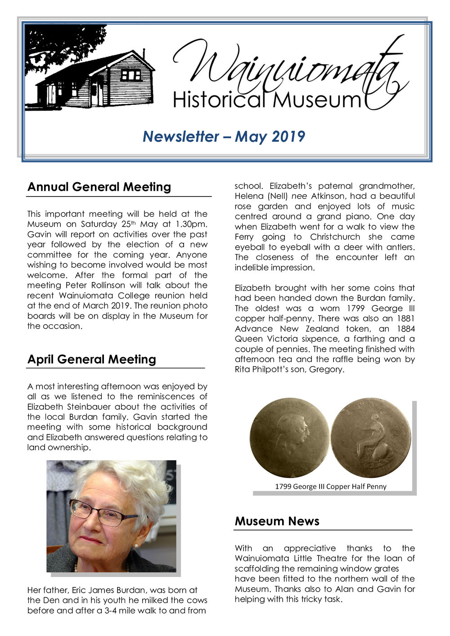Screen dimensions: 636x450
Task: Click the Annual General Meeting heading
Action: click(x=99, y=187)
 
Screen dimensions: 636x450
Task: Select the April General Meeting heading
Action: click(x=92, y=359)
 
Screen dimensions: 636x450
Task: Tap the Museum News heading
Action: click(x=277, y=521)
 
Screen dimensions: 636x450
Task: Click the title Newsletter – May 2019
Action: click(x=224, y=136)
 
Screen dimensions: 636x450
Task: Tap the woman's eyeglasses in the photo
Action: click(x=102, y=513)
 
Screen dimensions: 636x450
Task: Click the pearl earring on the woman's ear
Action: click(x=135, y=546)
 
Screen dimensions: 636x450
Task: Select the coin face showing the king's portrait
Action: click(x=290, y=438)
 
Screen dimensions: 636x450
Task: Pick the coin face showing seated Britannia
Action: click(x=371, y=438)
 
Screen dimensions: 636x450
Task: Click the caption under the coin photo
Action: click(x=331, y=486)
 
